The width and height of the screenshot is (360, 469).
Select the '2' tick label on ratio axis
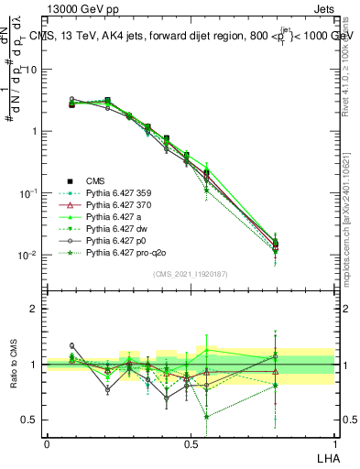35,309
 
